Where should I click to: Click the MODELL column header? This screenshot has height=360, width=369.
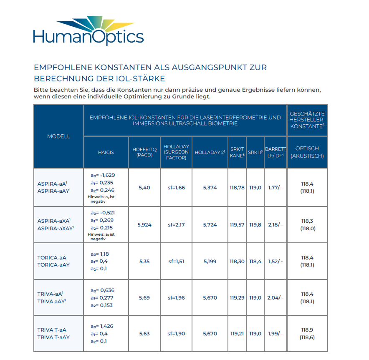pos(58,136)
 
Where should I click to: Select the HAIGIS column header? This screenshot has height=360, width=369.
pos(106,152)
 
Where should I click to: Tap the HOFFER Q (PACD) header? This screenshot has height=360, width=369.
pos(144,152)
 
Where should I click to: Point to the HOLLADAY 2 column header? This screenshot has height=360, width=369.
pos(210,152)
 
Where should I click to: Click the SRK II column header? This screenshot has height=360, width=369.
pos(255,152)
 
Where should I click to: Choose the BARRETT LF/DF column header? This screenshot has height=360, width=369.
pos(275,152)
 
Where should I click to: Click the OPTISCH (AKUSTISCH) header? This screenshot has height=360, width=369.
pos(307,152)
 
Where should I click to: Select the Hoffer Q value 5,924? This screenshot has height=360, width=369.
pos(144,225)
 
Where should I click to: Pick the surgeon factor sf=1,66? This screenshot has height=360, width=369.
pos(176,188)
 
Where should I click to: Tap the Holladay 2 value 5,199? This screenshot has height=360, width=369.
pos(210,262)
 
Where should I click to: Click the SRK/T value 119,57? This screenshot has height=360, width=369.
pos(237,225)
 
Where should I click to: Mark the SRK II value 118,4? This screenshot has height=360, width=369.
pos(255,262)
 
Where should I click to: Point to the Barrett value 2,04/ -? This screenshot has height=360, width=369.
pos(275,298)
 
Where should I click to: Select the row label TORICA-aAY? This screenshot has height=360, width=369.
pos(53,265)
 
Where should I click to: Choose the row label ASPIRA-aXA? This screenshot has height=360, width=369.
pos(53,221)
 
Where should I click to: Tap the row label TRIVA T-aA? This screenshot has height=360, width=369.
pos(52,330)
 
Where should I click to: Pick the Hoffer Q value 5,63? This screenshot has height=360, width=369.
pos(144,334)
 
